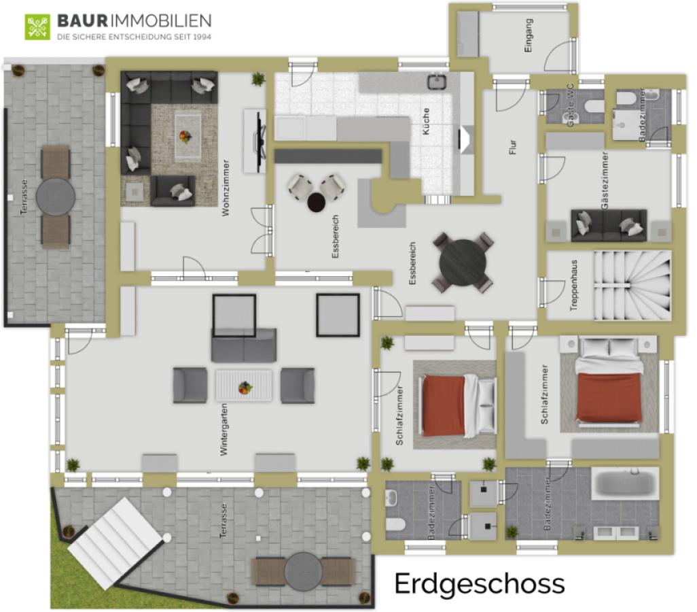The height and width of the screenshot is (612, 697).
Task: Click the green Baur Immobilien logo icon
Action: click(x=37, y=27)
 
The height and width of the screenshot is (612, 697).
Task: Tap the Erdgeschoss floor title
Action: click(x=479, y=583)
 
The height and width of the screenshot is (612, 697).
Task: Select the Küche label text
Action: click(x=426, y=121)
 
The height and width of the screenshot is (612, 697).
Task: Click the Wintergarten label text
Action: click(x=224, y=428)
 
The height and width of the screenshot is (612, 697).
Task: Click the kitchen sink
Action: click(x=436, y=82)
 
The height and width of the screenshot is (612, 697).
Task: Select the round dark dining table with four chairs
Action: click(x=463, y=262)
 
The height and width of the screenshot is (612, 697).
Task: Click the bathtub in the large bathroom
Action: click(x=624, y=483)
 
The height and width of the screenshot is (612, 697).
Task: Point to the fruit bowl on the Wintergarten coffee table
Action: click(x=245, y=388)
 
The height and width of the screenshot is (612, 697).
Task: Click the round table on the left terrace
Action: click(x=56, y=197)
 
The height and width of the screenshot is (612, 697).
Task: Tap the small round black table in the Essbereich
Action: click(x=317, y=202)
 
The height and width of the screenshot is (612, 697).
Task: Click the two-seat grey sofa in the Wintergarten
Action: click(x=244, y=345)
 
